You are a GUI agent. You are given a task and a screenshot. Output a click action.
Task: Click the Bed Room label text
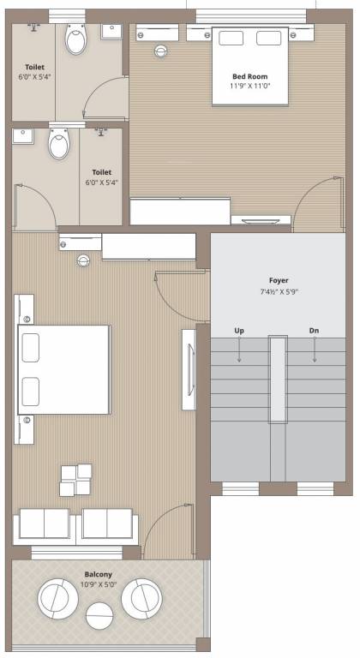249,76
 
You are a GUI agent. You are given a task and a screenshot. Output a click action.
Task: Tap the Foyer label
279,280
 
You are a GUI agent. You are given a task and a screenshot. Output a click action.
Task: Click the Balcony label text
98,574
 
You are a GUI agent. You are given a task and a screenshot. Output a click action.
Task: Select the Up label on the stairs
239,331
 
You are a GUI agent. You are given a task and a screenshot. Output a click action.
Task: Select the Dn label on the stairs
314,331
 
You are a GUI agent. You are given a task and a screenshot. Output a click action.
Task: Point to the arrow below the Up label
239,350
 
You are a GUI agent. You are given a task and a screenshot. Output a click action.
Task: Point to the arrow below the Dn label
315,350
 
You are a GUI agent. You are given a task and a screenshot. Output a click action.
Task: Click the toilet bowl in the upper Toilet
77,39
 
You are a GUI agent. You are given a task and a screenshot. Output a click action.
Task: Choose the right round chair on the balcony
141,597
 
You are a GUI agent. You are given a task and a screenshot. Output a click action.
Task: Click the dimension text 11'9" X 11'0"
249,87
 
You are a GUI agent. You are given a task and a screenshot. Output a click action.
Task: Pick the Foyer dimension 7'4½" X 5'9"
279,291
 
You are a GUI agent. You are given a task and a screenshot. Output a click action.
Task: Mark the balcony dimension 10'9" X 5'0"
98,584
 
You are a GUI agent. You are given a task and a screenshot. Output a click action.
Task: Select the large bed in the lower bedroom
65,368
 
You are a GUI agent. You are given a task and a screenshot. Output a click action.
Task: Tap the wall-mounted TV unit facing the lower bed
189,370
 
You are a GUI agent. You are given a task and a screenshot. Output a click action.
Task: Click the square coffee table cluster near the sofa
75,479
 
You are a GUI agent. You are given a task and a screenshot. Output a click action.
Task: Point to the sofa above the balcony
76,524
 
